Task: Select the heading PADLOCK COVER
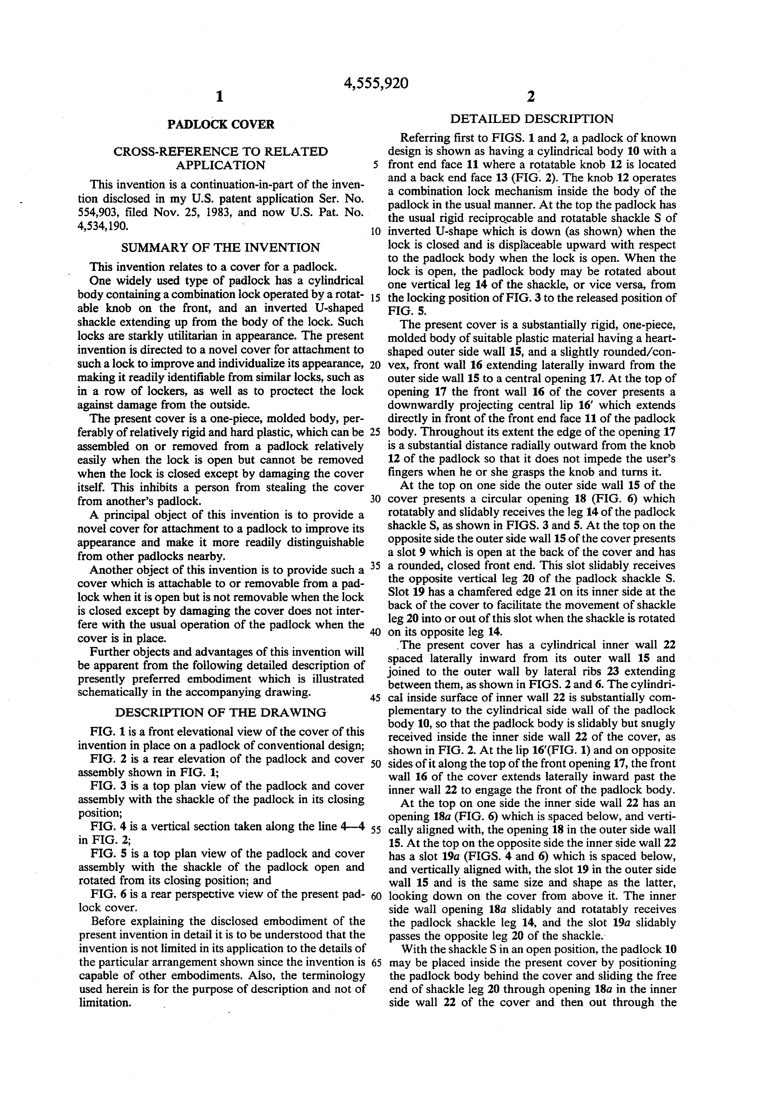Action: pyautogui.click(x=221, y=124)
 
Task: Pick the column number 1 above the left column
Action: pyautogui.click(x=219, y=97)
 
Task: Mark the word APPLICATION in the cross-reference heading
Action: pyautogui.click(x=220, y=165)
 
